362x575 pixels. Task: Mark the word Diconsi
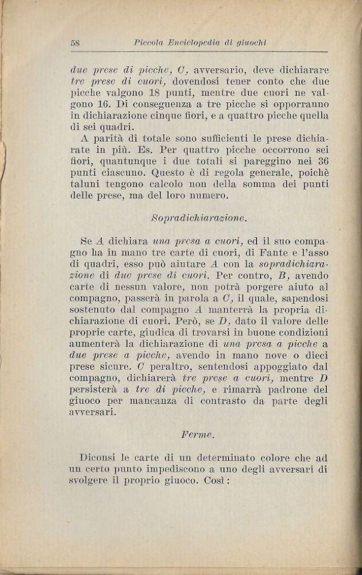coord(98,458)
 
